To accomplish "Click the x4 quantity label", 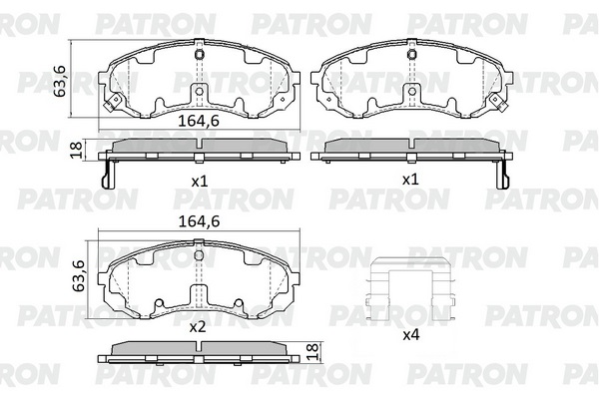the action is (411, 335).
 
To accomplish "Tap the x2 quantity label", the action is (198, 327).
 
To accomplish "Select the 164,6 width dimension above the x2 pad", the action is (199, 221).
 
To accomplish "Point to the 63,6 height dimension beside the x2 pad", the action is (79, 275).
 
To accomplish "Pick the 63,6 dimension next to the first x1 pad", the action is (60, 81).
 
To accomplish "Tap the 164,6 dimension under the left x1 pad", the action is (199, 121).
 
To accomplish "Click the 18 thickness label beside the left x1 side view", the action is (76, 149).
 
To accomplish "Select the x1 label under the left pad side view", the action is (199, 181).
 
